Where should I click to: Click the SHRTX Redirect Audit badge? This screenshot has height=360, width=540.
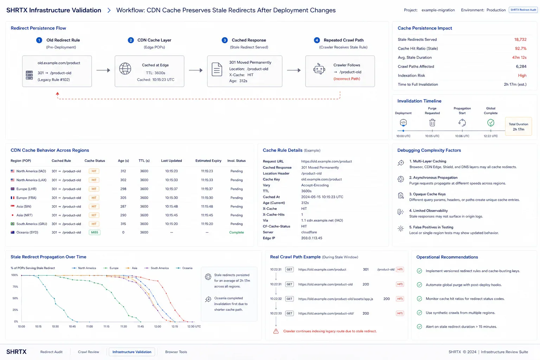[523, 10]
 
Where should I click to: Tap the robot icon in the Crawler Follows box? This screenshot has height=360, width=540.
[319, 69]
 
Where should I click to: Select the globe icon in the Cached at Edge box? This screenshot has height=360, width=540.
[125, 69]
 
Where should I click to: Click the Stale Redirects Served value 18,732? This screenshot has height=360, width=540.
[520, 39]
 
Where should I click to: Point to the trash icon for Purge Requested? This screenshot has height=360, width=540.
[432, 122]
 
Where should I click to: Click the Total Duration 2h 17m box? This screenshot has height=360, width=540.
[518, 127]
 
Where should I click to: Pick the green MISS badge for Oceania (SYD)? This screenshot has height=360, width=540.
[95, 232]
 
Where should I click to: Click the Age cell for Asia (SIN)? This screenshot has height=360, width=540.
[123, 206]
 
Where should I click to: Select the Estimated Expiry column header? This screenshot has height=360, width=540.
[208, 161]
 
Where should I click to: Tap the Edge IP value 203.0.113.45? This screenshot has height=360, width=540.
[311, 238]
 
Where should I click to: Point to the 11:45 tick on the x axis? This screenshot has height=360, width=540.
[141, 327]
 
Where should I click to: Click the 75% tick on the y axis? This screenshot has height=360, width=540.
[15, 287]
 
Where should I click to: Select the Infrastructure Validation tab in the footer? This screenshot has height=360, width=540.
[132, 352]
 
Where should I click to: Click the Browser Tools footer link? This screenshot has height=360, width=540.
[176, 352]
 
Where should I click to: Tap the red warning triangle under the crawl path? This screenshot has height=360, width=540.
[276, 331]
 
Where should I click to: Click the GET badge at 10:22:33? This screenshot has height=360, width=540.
[289, 314]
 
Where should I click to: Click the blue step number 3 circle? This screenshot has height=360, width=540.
[224, 40]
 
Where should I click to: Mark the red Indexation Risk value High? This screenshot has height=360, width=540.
[522, 76]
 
